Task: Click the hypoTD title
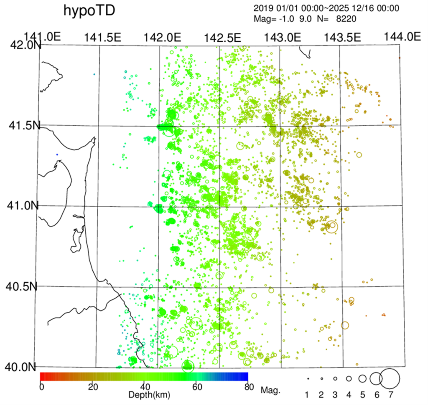(x=89, y=11)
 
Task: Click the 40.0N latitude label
(x=21, y=367)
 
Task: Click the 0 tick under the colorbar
(x=41, y=387)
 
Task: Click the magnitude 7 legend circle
(x=390, y=379)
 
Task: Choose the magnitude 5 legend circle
(x=362, y=379)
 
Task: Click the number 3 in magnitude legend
(x=335, y=395)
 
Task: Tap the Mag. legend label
(x=270, y=391)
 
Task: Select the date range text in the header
(x=326, y=8)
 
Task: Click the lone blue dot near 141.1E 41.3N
(x=57, y=154)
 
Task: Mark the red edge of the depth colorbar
(x=41, y=377)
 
